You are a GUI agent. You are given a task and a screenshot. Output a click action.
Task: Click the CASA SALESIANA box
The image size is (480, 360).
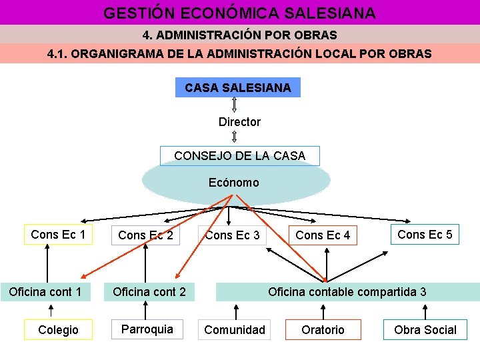tap(238, 87)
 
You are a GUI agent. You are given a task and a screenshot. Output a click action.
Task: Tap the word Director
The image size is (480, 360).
tap(239, 122)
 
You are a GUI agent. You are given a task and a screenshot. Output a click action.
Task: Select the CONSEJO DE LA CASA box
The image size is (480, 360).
tap(240, 156)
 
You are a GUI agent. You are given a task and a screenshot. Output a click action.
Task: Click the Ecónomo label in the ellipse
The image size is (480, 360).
tap(233, 182)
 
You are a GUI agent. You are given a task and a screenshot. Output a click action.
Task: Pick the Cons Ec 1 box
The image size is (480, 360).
tap(58, 234)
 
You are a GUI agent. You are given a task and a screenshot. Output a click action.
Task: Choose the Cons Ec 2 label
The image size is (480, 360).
tap(145, 235)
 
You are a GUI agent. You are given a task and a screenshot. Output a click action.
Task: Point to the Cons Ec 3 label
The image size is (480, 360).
tap(233, 235)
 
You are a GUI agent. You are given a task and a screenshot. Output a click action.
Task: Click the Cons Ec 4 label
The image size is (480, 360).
tap(323, 235)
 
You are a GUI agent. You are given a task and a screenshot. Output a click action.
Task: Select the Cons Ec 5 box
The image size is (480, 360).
tap(425, 234)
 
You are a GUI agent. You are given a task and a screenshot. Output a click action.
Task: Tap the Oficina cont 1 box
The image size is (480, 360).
tap(45, 292)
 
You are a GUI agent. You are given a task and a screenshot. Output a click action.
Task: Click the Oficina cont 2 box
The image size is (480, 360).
tap(149, 292)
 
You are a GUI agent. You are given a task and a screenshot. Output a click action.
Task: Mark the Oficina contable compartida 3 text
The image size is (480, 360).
tap(347, 292)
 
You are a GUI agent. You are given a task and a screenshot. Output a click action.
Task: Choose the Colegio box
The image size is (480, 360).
tap(58, 329)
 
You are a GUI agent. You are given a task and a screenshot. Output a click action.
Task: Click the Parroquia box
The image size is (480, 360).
tap(147, 329)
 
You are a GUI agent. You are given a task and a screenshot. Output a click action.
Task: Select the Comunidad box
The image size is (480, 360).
tap(235, 329)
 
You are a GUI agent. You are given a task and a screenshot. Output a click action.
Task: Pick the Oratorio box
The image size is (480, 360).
tap(323, 329)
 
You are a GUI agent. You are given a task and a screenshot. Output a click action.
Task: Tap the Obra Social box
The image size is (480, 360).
tap(425, 329)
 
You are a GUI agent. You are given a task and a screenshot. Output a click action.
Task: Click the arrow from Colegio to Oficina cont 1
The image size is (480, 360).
tap(52, 311)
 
